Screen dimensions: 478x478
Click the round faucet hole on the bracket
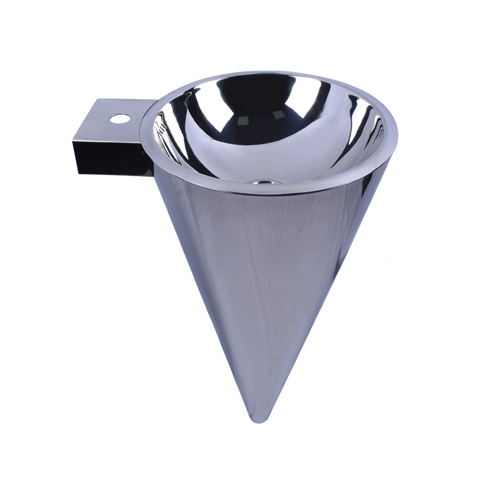[119, 119]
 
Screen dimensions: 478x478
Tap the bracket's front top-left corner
[73, 140]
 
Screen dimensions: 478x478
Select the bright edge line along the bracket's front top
[108, 142]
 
